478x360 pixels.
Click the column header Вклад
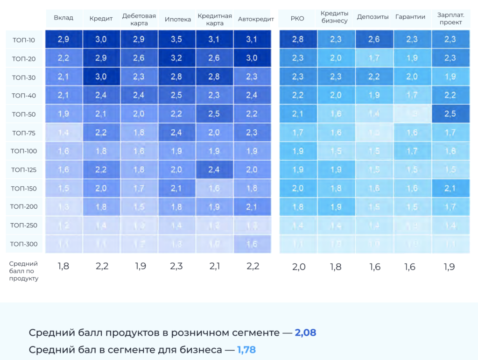click(63, 18)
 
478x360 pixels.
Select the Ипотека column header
click(177, 19)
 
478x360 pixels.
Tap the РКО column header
click(297, 19)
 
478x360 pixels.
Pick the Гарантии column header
click(410, 17)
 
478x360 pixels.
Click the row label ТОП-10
click(24, 40)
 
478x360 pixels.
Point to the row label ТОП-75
click(24, 133)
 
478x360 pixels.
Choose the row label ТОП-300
click(24, 244)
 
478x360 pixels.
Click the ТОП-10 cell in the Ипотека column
click(176, 40)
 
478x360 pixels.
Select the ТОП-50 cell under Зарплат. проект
click(450, 114)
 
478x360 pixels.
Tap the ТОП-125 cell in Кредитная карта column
click(214, 170)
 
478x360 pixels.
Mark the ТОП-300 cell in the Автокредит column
click(252, 244)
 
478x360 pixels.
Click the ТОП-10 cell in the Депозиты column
click(374, 40)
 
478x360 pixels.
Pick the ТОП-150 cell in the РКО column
click(298, 188)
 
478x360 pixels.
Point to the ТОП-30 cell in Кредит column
click(101, 77)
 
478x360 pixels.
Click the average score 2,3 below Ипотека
click(176, 267)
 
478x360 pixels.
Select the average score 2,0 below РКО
click(299, 267)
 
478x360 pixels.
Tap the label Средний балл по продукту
click(24, 271)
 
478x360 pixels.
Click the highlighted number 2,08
click(305, 333)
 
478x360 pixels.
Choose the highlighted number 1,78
click(246, 350)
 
